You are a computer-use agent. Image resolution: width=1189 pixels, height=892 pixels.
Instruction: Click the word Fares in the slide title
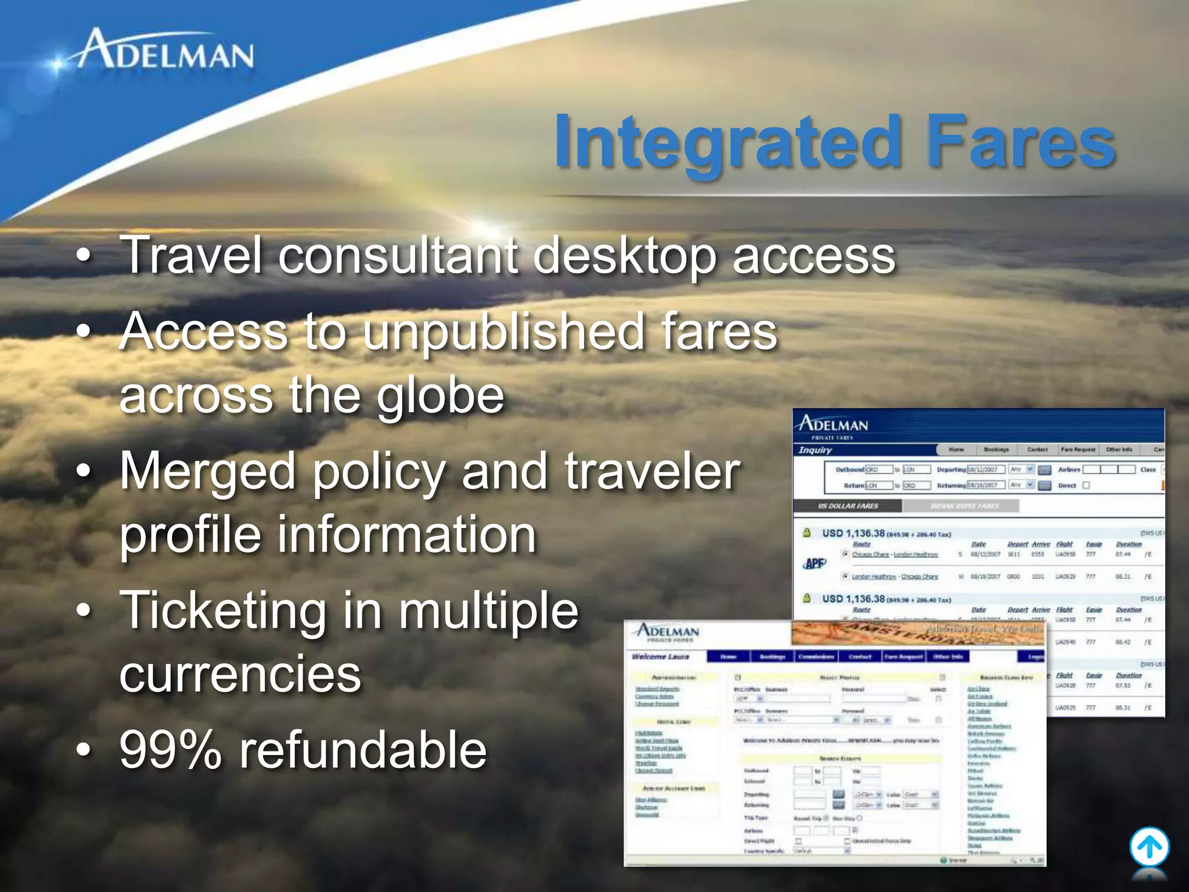(1020, 142)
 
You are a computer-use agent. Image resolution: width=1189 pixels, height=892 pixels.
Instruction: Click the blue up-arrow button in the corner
(1149, 847)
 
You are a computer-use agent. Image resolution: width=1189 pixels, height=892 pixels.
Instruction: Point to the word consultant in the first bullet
(398, 256)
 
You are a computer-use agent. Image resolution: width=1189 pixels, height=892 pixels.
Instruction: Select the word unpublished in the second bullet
(505, 332)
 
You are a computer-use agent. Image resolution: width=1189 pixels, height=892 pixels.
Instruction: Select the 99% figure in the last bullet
(171, 750)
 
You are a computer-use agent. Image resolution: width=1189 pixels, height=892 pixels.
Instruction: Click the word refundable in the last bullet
(363, 750)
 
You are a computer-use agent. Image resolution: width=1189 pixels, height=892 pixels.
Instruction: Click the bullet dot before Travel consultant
(84, 257)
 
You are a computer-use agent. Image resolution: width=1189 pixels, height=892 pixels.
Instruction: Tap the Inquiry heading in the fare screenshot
(815, 450)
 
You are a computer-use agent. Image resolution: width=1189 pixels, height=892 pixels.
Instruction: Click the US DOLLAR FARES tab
(848, 506)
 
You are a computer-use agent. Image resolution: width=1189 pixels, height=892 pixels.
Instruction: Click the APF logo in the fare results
(815, 563)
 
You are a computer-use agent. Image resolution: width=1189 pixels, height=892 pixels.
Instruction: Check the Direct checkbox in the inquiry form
(1086, 485)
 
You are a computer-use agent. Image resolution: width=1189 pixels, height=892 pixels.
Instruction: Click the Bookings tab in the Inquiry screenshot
(996, 449)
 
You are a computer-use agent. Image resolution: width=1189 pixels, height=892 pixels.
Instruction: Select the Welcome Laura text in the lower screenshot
(660, 657)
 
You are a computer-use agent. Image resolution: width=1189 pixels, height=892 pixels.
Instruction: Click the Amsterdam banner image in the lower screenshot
(917, 633)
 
